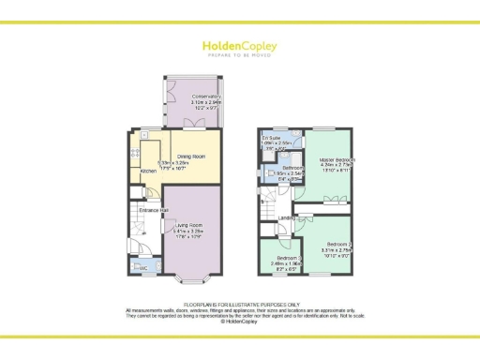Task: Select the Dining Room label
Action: click(191, 157)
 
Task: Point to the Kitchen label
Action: click(148, 172)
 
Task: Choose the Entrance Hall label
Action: click(153, 210)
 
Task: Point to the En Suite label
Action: click(273, 138)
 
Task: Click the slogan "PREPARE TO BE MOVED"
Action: click(239, 55)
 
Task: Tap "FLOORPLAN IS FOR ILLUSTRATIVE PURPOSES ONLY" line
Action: click(241, 304)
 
